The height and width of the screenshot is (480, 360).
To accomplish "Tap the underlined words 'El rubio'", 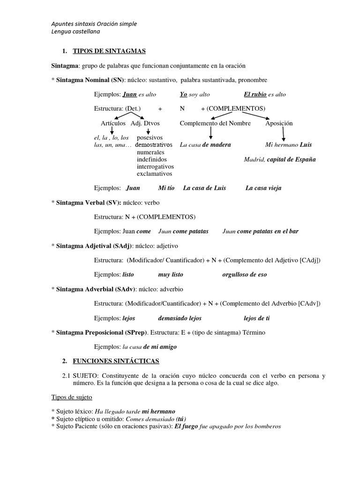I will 255,94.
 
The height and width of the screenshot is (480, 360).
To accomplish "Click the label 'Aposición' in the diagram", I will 279,123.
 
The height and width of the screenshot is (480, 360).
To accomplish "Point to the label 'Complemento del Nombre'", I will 215,123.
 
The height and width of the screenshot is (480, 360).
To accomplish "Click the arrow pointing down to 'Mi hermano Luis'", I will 283,135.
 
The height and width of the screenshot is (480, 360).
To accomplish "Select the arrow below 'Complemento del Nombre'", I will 211,135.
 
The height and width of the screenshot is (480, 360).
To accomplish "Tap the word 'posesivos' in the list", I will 150,138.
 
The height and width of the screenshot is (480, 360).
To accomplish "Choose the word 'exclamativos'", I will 155,173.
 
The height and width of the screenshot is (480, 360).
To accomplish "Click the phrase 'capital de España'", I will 291,159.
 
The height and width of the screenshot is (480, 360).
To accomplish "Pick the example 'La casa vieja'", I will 263,188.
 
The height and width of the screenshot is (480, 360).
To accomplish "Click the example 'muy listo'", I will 171,274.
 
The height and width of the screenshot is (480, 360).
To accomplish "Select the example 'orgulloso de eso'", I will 244,274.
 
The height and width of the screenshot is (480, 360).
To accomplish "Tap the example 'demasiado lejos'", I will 180,318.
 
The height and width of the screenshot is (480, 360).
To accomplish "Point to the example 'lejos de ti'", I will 256,318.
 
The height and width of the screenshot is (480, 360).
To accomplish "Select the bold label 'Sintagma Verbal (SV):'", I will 89,202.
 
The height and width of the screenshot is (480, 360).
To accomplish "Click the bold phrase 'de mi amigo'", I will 160,347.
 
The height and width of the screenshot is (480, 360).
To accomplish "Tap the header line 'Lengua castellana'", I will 75,31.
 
